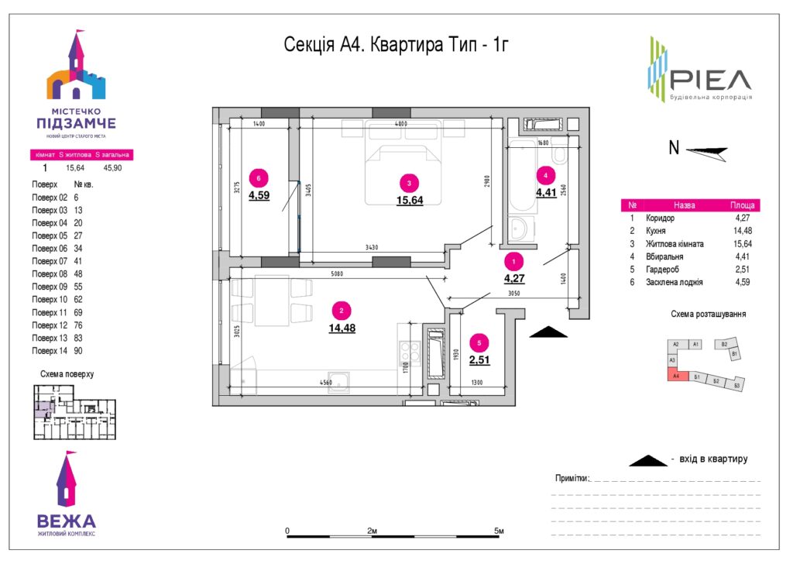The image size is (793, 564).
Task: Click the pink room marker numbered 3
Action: tap(409, 183)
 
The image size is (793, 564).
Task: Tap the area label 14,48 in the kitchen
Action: tap(341, 328)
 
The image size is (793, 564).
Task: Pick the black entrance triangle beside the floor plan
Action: tap(548, 332)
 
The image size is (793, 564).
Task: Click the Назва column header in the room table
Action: tap(684, 206)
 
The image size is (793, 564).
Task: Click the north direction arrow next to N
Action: tap(707, 153)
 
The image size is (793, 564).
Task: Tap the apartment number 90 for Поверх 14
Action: tap(78, 351)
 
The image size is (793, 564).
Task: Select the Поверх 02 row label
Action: tap(45, 198)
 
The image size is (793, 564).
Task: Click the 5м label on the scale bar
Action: tap(499, 531)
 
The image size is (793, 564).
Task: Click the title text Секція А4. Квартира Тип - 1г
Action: tap(396, 45)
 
